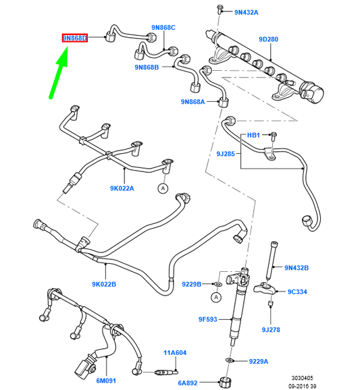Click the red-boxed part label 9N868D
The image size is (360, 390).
[75, 38]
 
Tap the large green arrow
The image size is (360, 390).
[59, 74]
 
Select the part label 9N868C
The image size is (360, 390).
[163, 28]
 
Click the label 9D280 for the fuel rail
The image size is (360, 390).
[268, 39]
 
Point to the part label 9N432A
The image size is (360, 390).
[247, 12]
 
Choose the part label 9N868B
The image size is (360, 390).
[147, 67]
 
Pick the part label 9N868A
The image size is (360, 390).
[192, 102]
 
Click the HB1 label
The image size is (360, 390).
[253, 135]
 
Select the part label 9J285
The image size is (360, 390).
[226, 154]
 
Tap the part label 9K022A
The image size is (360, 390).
[122, 188]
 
